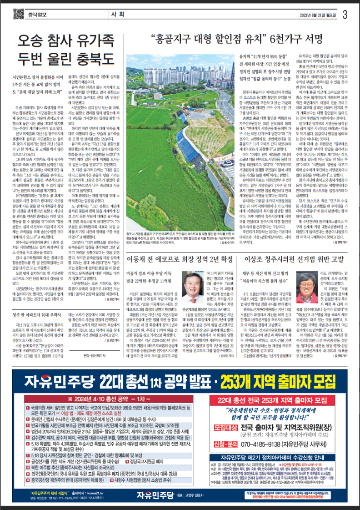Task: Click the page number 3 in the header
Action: [x=345, y=13]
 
